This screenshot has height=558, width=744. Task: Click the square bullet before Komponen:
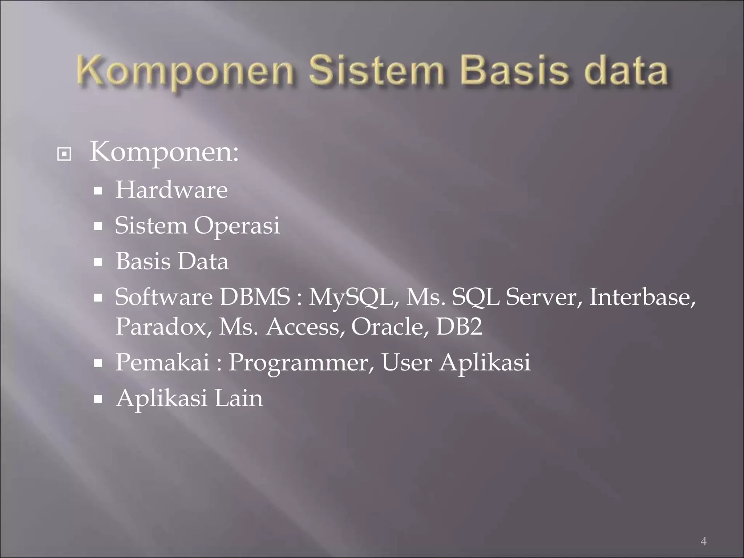pos(64,154)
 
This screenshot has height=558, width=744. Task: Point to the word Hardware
pos(171,190)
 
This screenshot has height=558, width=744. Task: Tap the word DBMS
pos(255,297)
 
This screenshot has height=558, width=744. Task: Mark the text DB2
pos(459,326)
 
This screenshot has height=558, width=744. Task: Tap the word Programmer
pos(301,363)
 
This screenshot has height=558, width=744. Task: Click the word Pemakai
pos(162,362)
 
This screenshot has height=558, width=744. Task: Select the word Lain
pos(239,398)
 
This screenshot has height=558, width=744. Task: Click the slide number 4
pos(703,531)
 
